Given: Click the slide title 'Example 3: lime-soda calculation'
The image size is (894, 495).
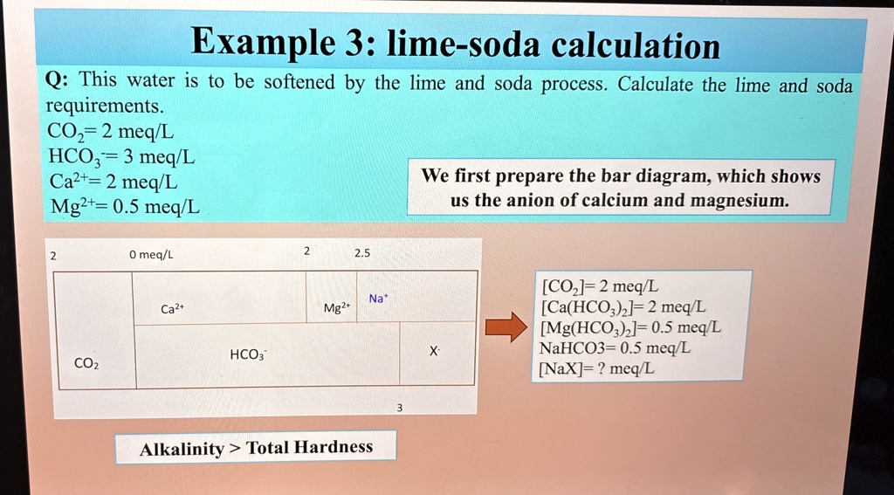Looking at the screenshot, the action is [x=455, y=44].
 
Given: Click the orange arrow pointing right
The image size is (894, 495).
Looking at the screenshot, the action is [x=505, y=327].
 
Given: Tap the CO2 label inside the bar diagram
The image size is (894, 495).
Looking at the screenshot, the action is [x=86, y=363].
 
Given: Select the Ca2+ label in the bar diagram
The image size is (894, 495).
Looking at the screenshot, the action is [x=172, y=308].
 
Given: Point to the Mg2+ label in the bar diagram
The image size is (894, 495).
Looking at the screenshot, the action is [x=336, y=308].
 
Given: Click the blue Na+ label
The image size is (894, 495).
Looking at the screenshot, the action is [x=377, y=298].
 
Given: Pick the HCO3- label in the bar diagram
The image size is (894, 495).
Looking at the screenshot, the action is [x=247, y=354].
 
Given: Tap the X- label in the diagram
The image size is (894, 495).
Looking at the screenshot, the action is [x=435, y=352].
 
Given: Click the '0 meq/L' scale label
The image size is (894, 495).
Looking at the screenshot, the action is [x=151, y=255].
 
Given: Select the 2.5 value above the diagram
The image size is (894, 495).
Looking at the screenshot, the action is [x=362, y=252].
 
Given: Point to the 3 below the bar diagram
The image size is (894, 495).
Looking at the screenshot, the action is [x=399, y=408].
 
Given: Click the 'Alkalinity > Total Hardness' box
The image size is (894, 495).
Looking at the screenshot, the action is [x=256, y=446].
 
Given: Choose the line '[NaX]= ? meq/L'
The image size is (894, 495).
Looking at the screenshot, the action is [x=596, y=369].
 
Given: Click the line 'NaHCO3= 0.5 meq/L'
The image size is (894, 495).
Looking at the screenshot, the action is [x=614, y=347].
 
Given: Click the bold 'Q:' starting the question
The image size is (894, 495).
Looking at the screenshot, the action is [x=58, y=79].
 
